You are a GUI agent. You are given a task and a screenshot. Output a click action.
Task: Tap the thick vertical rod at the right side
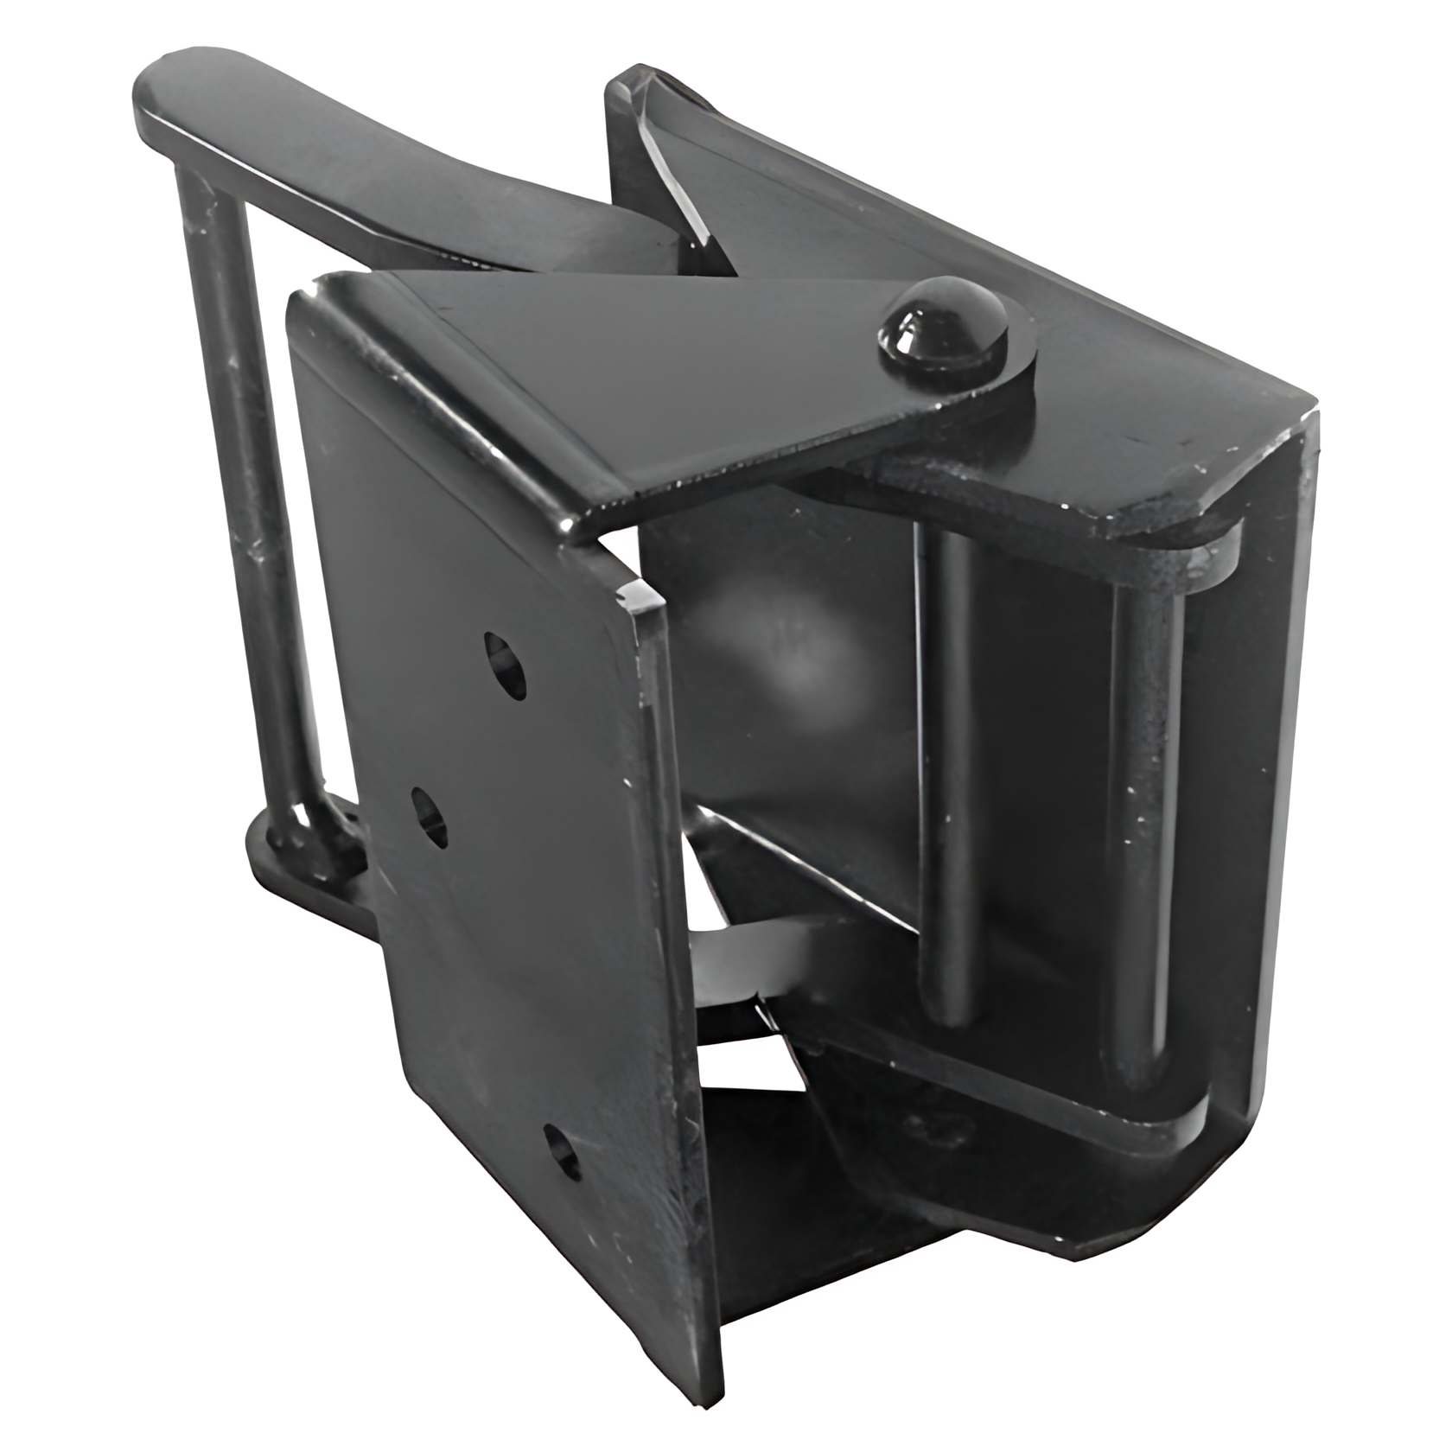point(1139,830)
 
